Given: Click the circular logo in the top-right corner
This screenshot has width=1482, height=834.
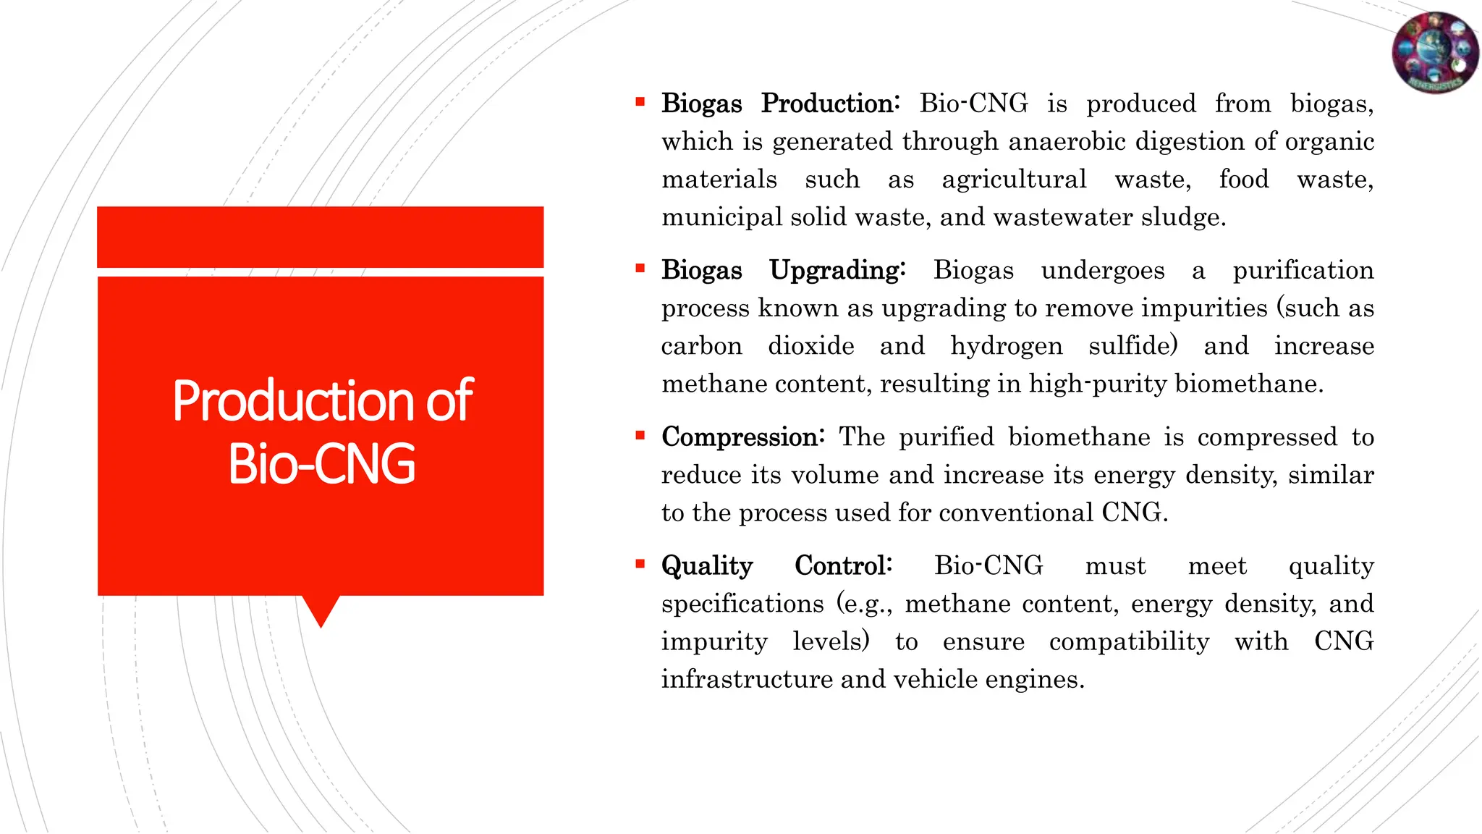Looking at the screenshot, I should tap(1435, 52).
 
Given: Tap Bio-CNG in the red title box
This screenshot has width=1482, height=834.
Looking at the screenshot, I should tap(321, 464).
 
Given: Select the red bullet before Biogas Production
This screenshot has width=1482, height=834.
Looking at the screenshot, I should tap(640, 102).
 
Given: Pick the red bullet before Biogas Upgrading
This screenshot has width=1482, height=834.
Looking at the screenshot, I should tap(640, 269).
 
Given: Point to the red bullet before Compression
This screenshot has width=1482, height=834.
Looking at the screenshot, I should tap(640, 435).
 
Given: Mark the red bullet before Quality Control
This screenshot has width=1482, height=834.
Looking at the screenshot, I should tap(640, 563).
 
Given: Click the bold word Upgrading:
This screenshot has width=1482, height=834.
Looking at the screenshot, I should tap(837, 271).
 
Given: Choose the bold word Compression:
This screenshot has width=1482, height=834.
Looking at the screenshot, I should tap(742, 437).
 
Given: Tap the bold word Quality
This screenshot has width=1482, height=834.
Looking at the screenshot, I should tap(707, 566).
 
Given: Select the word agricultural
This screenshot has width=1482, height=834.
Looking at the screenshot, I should tap(1014, 180).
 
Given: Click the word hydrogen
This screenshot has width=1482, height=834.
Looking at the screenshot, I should tap(1006, 346).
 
